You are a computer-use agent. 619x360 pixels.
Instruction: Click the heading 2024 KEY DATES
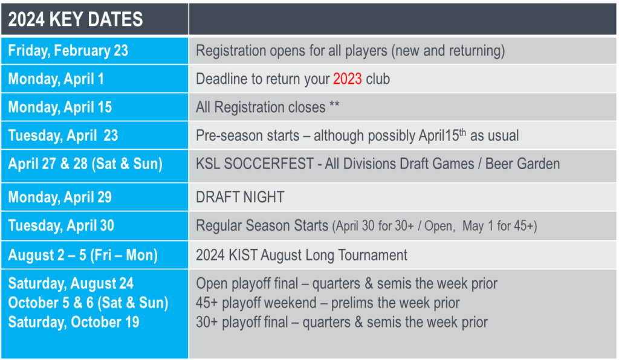pyautogui.click(x=76, y=19)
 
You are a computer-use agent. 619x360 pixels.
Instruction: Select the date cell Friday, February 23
pyautogui.click(x=95, y=51)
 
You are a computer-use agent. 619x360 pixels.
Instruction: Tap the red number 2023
pyautogui.click(x=348, y=79)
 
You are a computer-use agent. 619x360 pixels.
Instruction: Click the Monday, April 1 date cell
pyautogui.click(x=95, y=79)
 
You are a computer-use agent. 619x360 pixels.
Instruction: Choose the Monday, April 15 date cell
pyautogui.click(x=95, y=108)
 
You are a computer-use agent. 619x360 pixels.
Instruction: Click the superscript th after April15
pyautogui.click(x=462, y=132)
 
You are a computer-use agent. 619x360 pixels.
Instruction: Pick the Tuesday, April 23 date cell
pyautogui.click(x=95, y=136)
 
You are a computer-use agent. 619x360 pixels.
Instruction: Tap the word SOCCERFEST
pyautogui.click(x=269, y=164)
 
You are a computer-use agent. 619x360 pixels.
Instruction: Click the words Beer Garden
pyautogui.click(x=522, y=164)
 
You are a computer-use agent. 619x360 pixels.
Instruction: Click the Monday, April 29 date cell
pyautogui.click(x=95, y=197)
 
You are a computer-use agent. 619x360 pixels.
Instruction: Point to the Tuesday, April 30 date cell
pyautogui.click(x=95, y=226)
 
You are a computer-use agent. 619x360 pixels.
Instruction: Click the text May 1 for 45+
pyautogui.click(x=499, y=226)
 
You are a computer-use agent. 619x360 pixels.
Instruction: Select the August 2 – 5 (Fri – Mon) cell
pyautogui.click(x=95, y=255)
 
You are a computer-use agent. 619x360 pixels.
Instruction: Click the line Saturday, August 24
pyautogui.click(x=71, y=283)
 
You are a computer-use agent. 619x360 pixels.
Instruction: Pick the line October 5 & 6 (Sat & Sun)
pyautogui.click(x=88, y=303)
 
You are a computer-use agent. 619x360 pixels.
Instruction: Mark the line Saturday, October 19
pyautogui.click(x=73, y=322)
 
